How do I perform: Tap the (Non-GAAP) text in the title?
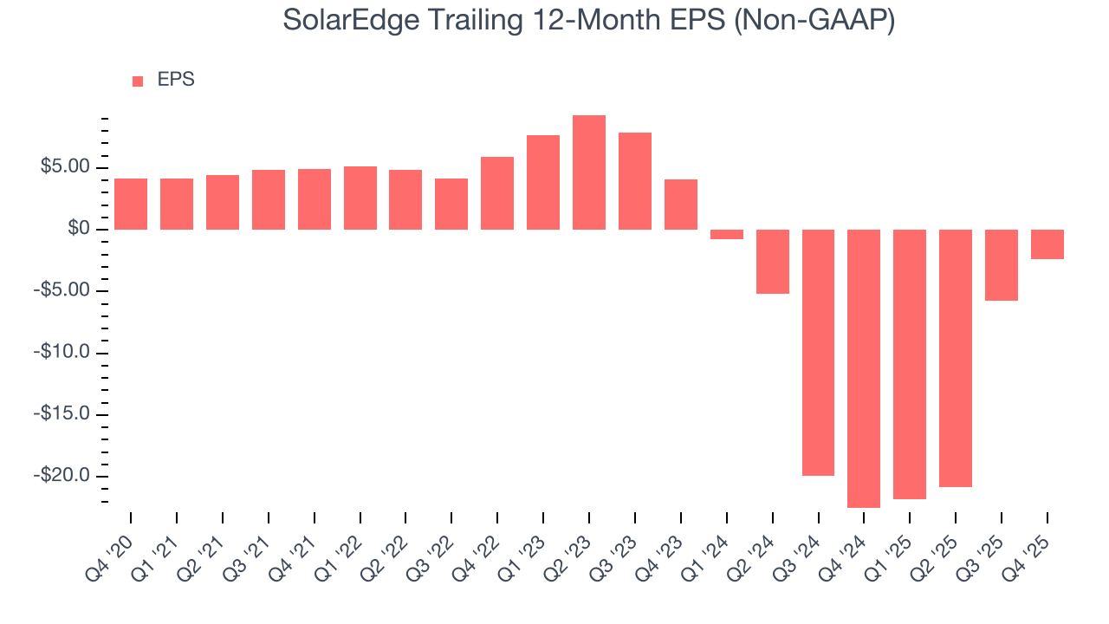(814, 21)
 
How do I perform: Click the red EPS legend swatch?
(138, 81)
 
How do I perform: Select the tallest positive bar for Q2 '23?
(589, 172)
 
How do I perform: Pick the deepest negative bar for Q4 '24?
(864, 368)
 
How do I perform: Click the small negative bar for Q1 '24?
(727, 234)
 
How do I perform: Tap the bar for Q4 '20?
(131, 204)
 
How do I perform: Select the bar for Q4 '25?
(1047, 244)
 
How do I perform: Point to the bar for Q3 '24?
(818, 353)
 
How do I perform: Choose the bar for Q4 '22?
(497, 193)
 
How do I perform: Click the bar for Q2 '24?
(772, 262)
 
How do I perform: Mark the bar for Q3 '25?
(1002, 265)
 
